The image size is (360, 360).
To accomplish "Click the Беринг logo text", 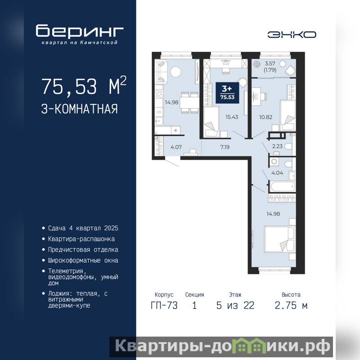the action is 80,31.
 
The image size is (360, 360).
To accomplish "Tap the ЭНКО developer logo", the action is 292,35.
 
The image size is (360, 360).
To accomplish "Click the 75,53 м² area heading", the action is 84,85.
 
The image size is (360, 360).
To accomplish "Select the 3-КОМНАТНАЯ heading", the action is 80,109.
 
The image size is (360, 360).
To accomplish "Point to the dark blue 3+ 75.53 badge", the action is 227,93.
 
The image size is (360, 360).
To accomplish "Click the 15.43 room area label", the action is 232,117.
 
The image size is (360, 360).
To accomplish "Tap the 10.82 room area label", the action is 265,117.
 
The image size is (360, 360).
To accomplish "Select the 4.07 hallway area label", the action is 176,147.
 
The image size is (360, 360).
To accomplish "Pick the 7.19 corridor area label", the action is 225,147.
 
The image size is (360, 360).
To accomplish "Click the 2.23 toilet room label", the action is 277,146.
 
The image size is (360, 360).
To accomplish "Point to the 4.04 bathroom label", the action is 277,173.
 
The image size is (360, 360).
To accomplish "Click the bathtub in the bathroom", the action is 282,186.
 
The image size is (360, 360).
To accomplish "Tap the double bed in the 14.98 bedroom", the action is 280,239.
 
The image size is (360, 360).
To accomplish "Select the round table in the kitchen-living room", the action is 175,72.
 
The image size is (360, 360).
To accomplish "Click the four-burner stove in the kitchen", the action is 159,94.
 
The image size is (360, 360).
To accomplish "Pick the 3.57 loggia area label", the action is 270,63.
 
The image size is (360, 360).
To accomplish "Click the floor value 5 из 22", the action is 235,306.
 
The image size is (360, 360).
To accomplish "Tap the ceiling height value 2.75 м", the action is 291,306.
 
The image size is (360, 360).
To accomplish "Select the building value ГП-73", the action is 164,306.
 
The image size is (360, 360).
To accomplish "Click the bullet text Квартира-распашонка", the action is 81,239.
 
